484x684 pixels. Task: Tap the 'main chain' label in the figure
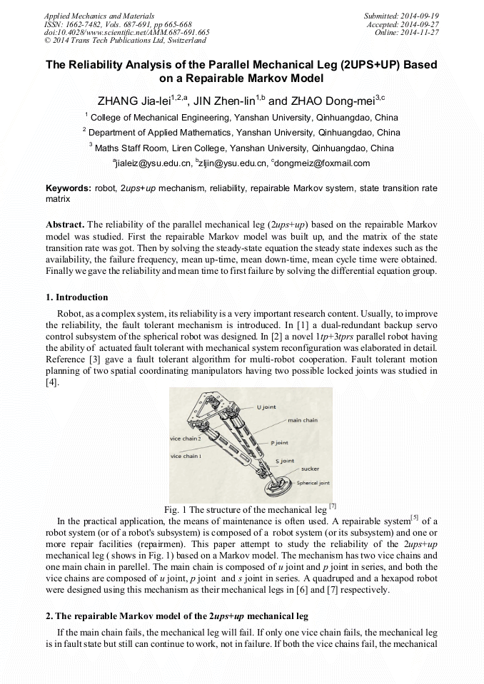click(x=303, y=420)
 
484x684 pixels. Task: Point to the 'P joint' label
click(x=279, y=443)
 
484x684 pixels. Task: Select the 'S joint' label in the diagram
click(x=284, y=461)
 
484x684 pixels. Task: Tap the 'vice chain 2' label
click(x=185, y=438)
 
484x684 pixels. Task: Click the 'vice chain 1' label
click(x=185, y=456)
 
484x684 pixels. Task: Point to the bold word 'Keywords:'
click(x=68, y=188)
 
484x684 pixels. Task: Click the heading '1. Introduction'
click(x=77, y=297)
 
